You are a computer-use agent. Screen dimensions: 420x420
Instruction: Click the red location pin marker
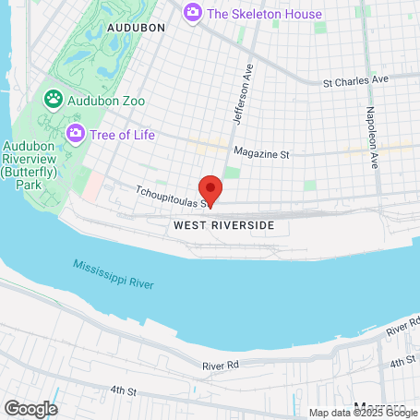coord(210,190)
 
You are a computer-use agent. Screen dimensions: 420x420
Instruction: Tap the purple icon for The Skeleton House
coord(193,13)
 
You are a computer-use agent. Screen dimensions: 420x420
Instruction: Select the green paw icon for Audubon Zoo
coord(53,97)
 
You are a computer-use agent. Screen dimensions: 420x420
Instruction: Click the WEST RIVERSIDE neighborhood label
coord(223,225)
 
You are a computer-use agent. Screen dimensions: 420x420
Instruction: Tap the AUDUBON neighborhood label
coord(136,29)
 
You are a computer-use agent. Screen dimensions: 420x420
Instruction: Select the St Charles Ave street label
coord(355,82)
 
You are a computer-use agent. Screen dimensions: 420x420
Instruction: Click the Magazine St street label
coord(261,152)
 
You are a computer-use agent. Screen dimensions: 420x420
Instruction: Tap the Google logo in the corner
coord(30,408)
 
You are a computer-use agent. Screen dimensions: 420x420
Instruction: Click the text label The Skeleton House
coord(264,14)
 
